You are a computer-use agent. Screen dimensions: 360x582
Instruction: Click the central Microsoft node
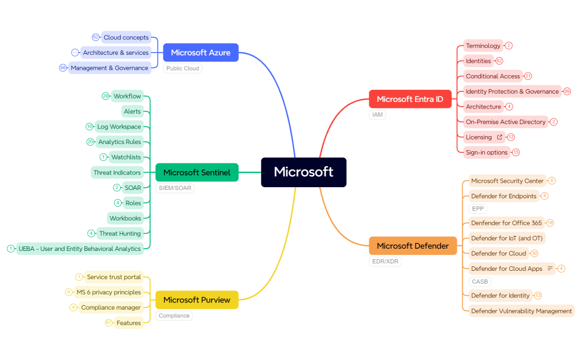pyautogui.click(x=304, y=172)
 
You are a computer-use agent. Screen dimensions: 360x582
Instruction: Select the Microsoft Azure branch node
pyautogui.click(x=201, y=53)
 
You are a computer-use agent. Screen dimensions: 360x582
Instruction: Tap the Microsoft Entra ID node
pyautogui.click(x=410, y=99)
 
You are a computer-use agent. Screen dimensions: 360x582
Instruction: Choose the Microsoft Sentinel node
pyautogui.click(x=197, y=172)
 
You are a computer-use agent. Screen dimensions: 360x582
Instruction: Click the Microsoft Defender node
pyautogui.click(x=412, y=246)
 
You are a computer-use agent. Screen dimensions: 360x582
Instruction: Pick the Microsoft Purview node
pyautogui.click(x=197, y=300)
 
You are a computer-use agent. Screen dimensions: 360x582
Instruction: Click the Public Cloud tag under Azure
pyautogui.click(x=182, y=69)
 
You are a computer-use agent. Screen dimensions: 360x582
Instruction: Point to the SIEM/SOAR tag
pyautogui.click(x=175, y=188)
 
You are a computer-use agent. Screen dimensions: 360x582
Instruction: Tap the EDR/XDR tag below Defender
pyautogui.click(x=385, y=261)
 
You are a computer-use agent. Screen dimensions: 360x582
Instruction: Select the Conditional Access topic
pyautogui.click(x=493, y=76)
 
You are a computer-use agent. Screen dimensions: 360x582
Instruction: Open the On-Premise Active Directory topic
pyautogui.click(x=506, y=122)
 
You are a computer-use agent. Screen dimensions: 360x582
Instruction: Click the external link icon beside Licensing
pyautogui.click(x=499, y=137)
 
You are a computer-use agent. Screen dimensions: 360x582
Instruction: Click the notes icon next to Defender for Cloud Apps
pyautogui.click(x=550, y=269)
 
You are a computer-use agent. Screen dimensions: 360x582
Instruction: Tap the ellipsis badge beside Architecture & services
pyautogui.click(x=75, y=53)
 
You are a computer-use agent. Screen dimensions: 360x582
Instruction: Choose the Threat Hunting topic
pyautogui.click(x=120, y=234)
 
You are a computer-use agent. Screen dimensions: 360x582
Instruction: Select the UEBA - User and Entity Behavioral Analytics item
pyautogui.click(x=80, y=249)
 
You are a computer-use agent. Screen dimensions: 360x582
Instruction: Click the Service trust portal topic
pyautogui.click(x=114, y=277)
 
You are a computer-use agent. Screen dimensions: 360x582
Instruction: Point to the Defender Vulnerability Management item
pyautogui.click(x=521, y=311)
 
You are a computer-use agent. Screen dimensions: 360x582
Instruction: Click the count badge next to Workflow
pyautogui.click(x=105, y=96)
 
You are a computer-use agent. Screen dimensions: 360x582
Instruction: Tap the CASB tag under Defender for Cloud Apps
pyautogui.click(x=479, y=282)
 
